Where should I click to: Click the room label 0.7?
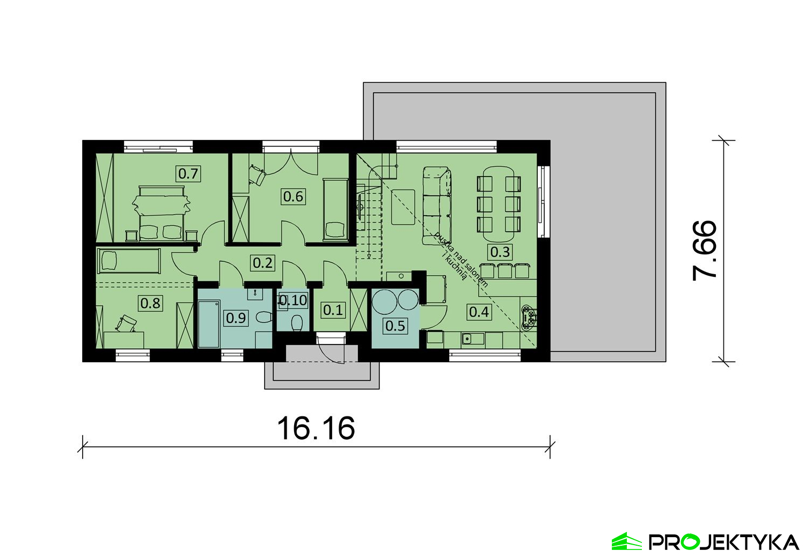188,174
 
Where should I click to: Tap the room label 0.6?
293,196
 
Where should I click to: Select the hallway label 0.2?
263,263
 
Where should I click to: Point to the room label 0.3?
500,252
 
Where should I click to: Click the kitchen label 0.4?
479,312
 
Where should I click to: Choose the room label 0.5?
396,326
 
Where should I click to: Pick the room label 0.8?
151,303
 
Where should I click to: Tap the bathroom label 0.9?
236,318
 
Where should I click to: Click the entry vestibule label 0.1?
333,310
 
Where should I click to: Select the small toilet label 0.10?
293,300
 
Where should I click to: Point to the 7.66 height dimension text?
705,251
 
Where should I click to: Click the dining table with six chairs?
499,204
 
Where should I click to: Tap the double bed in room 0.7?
162,214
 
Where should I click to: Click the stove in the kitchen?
528,317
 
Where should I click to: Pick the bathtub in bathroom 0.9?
209,325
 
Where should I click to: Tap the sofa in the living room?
437,206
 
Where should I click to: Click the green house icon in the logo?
627,541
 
